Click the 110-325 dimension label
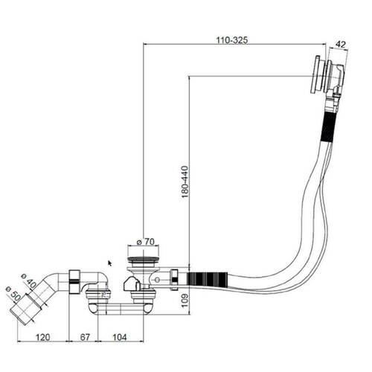tap(232, 40)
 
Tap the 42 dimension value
tap(340, 45)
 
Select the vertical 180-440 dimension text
tap(185, 182)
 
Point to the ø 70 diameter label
tap(146, 242)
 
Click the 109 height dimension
tap(185, 301)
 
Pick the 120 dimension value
tap(42, 337)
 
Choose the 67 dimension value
tap(85, 337)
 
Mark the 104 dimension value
tap(120, 337)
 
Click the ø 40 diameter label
tap(28, 281)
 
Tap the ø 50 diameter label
tap(13, 294)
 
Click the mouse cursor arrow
tap(109, 263)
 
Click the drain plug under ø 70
tap(143, 260)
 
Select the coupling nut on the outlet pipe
tap(74, 281)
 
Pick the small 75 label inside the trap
tap(103, 295)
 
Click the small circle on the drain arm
tap(157, 280)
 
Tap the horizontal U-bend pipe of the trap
tap(121, 309)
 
